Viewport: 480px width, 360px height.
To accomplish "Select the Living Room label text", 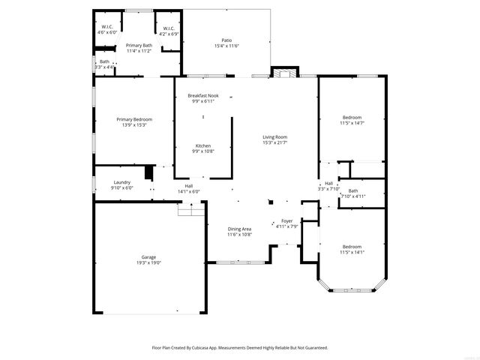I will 274,139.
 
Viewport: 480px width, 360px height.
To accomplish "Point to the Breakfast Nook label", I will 202,98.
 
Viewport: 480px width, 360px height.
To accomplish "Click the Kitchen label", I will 202,148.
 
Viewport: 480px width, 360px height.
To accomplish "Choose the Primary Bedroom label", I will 134,122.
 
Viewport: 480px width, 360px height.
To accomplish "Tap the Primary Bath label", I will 139,48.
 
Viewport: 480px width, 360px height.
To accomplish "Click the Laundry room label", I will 121,184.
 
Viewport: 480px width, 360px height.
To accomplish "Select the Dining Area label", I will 240,231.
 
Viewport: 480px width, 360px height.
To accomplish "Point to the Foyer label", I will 286,223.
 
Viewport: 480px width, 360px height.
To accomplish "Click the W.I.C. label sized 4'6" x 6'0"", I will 106,30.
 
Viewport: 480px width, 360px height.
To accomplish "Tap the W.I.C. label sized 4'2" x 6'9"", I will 168,31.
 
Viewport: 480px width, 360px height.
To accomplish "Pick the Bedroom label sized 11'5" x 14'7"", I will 352,120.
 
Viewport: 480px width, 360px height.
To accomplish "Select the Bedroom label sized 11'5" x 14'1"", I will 352,249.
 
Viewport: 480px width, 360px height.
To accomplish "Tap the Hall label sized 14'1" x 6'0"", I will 188,188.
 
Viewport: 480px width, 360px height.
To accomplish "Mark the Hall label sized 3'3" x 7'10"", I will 328,186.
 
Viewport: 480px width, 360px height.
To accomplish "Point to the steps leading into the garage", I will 190,211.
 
